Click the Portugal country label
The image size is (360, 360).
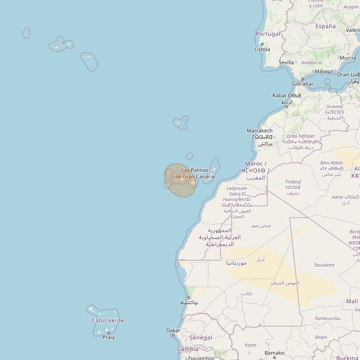pos(268,34)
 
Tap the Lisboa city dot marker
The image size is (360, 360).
pos(262,44)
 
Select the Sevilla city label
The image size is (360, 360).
pos(286,62)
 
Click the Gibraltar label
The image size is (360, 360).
pos(302,84)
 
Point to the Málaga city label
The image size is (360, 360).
pos(323,71)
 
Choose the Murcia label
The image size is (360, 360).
pos(348,58)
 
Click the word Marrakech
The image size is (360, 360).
pos(259,131)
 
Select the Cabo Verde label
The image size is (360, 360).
pos(108,321)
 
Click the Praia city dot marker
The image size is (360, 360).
pos(109,333)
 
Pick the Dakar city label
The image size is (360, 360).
pos(173,330)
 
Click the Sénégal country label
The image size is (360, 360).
pos(201,337)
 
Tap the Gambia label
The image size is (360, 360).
pos(188,349)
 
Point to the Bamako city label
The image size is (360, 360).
pos(274,352)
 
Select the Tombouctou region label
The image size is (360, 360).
pos(328,318)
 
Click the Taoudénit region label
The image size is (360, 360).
pos(324,265)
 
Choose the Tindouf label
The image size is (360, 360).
pos(293,182)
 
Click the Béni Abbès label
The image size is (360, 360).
pos(332,163)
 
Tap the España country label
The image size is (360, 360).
pos(325,26)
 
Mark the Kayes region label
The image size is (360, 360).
pos(250,345)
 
